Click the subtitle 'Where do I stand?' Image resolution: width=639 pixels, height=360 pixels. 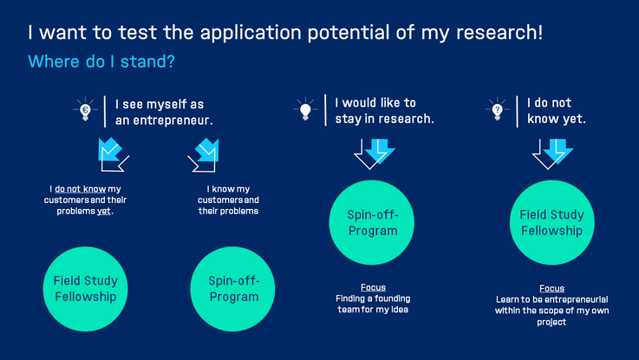point(101,62)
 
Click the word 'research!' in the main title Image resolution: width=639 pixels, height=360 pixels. point(499,32)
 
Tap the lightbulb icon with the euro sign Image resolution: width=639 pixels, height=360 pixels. point(85,109)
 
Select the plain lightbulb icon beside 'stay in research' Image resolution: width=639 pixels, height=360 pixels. point(305,109)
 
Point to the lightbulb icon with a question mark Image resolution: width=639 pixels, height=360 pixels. point(497,109)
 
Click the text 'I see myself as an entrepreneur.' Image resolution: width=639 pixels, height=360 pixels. point(164,112)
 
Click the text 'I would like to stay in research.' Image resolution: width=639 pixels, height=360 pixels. point(384,110)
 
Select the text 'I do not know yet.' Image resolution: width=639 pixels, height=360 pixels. point(557,110)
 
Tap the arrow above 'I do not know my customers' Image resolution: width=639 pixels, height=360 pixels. point(114,155)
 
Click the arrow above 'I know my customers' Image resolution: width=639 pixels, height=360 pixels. point(204,155)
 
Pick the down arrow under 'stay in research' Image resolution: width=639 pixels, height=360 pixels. point(374,154)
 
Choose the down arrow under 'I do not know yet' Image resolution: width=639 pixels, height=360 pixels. point(552,154)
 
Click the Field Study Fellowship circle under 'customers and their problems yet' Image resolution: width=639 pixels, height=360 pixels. point(86,289)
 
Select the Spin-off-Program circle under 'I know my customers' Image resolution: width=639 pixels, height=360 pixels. point(232,289)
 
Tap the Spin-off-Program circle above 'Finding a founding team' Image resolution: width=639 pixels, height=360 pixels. point(372,223)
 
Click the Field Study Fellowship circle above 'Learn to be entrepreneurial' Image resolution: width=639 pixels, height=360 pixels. point(552,223)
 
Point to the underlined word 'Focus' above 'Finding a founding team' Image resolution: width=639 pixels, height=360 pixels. point(373,287)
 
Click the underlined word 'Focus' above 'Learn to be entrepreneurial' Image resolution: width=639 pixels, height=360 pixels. point(551,288)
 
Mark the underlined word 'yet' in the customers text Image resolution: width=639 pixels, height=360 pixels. point(103,211)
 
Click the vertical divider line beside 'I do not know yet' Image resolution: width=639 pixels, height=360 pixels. point(517,111)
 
